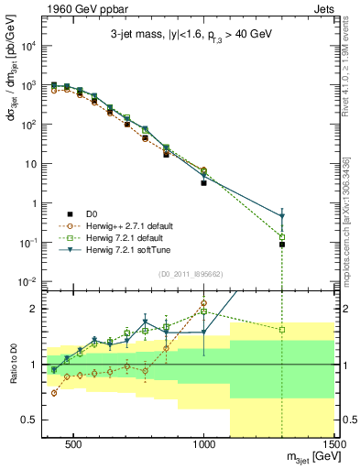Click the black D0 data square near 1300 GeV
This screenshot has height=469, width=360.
point(282,245)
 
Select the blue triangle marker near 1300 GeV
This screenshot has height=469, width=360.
point(282,217)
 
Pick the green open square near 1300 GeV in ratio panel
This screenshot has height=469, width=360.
point(282,330)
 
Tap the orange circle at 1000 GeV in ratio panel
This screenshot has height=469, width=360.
point(203,303)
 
